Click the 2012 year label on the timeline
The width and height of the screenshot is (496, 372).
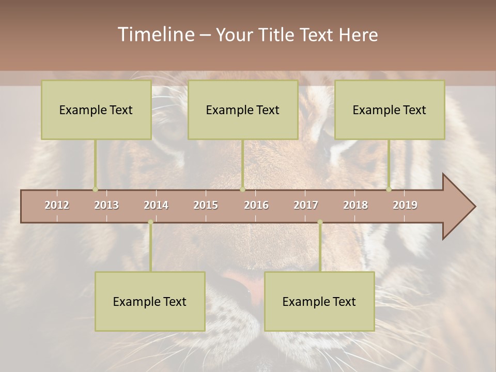(57, 205)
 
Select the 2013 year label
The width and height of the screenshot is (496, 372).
(106, 205)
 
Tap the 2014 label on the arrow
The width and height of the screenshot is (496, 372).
(156, 205)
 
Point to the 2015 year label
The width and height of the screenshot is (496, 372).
(206, 205)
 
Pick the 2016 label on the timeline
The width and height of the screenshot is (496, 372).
(256, 205)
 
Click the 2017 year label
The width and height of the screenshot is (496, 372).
(306, 205)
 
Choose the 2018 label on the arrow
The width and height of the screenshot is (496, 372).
(355, 205)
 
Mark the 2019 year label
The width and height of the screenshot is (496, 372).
(405, 205)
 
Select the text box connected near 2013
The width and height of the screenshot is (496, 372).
(96, 110)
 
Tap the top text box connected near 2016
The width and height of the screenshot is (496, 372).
(243, 110)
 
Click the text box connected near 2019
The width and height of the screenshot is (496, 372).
(390, 110)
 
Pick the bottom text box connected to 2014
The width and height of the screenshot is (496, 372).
(150, 301)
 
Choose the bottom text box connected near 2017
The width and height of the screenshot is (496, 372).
(319, 301)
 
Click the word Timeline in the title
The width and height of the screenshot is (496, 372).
(155, 35)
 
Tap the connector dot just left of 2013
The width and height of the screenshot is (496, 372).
(95, 189)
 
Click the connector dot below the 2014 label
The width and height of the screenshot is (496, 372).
(150, 222)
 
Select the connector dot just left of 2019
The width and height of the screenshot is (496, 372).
(389, 189)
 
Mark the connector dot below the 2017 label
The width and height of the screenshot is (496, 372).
(320, 222)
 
